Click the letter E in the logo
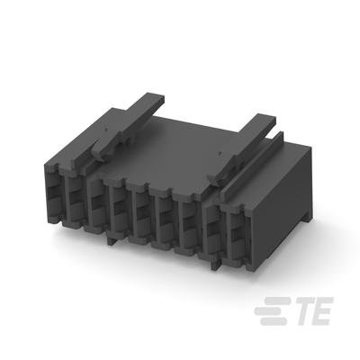point(322,310)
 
